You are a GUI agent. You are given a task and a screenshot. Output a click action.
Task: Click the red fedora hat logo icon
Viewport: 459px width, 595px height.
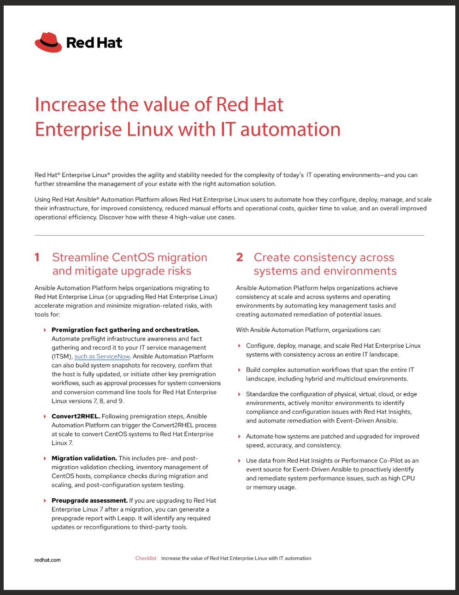[x=48, y=42]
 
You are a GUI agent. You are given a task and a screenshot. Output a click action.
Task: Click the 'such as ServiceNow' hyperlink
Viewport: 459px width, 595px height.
[x=102, y=357]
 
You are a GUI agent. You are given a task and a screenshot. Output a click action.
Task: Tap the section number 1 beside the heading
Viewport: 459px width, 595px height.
[x=37, y=257]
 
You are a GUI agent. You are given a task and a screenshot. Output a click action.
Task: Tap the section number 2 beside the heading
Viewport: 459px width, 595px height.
[x=239, y=257]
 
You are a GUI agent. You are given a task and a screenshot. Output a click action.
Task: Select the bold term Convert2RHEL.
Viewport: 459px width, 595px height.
[x=76, y=416]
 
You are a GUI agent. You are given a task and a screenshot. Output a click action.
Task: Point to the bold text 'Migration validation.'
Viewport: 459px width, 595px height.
[x=84, y=458]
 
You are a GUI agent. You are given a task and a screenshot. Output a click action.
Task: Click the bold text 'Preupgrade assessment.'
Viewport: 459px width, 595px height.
[x=89, y=500]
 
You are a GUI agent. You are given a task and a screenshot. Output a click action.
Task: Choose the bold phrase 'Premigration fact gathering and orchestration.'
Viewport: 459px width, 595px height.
[x=125, y=330]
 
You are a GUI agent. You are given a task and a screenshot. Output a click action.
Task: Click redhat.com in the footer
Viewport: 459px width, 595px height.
[x=47, y=560]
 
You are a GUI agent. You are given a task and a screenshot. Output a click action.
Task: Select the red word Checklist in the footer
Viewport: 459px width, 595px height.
[x=146, y=558]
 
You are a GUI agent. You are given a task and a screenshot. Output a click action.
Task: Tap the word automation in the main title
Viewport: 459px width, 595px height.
[x=290, y=130]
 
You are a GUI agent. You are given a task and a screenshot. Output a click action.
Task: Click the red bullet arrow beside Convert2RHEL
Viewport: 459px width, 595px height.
[x=45, y=416]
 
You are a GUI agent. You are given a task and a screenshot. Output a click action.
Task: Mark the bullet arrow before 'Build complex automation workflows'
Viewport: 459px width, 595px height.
[x=239, y=370]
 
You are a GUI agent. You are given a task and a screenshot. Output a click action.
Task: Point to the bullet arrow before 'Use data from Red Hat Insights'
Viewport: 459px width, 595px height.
[x=239, y=461]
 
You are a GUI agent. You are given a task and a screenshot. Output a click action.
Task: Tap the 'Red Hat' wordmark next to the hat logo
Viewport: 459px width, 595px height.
[x=94, y=43]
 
